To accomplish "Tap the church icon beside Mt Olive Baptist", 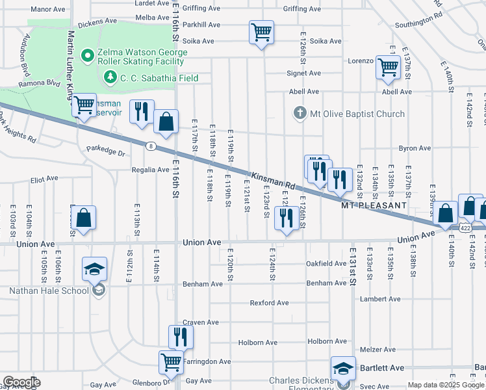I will point(300,114).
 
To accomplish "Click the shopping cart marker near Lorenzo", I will point(388,66).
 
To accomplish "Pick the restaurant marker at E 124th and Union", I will point(287,218).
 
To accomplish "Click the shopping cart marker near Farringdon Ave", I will point(171,362).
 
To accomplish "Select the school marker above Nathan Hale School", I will point(94,268).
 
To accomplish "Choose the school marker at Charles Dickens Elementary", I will point(342,368).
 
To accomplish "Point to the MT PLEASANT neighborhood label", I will point(374,205).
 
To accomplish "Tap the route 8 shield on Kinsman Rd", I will point(150,146).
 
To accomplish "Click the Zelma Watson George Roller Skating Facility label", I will point(140,57).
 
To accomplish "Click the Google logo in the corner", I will point(21,382).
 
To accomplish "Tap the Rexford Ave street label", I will point(270,303).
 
